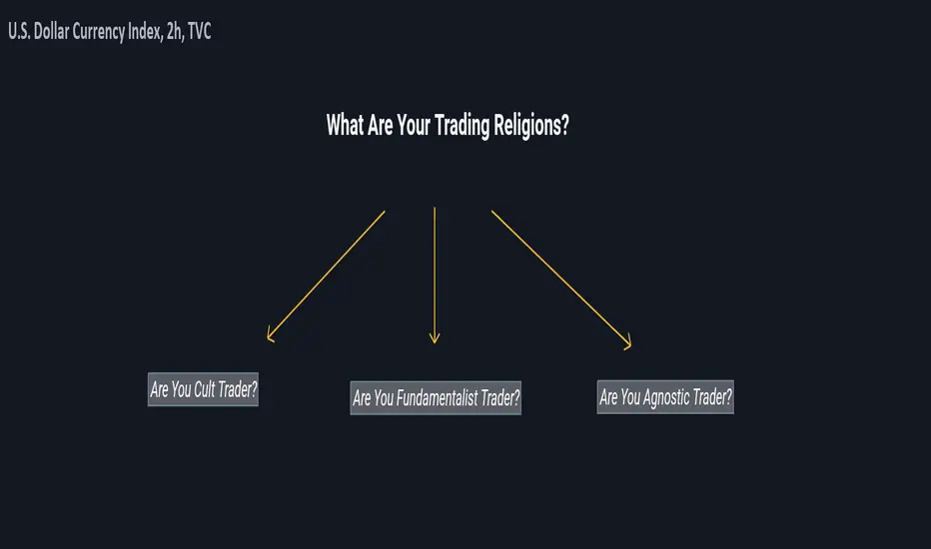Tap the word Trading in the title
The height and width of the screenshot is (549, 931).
tap(462, 126)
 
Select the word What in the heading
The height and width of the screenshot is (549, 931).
tap(345, 125)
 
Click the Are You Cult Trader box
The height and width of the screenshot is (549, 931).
tap(203, 389)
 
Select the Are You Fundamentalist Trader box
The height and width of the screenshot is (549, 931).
tap(436, 397)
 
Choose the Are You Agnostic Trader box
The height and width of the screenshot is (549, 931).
tap(665, 397)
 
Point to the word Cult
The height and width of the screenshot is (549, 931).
tap(204, 389)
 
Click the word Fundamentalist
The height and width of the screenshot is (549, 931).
tap(437, 397)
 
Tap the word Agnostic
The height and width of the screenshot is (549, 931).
tap(666, 397)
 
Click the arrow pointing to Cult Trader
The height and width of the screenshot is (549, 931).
tap(326, 276)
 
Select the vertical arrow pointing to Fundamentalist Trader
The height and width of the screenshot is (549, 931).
tap(435, 275)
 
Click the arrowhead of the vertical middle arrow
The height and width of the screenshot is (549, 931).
tap(435, 338)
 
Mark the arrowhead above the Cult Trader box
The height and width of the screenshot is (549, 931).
tap(270, 335)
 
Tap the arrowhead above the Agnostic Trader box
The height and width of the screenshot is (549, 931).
tap(628, 344)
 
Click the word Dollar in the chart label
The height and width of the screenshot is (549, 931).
tap(51, 32)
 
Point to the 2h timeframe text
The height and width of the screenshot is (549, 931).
tap(175, 32)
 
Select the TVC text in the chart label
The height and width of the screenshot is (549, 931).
tap(200, 32)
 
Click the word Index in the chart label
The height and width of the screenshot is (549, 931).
tap(145, 32)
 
